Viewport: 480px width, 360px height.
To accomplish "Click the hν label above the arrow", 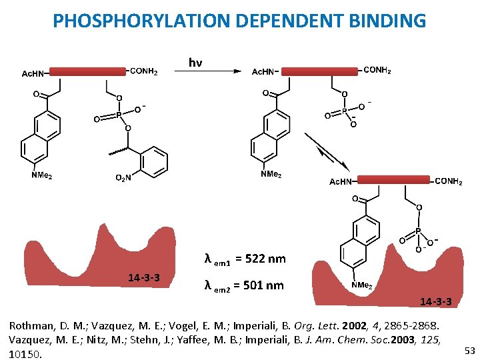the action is click(x=195, y=63).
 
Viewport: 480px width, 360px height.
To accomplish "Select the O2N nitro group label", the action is click(x=125, y=177).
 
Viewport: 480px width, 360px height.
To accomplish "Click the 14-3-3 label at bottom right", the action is click(x=435, y=302).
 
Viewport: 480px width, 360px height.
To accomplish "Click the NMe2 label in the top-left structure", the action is click(x=41, y=176).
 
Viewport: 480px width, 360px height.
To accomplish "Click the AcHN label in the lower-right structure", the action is click(x=344, y=181).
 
